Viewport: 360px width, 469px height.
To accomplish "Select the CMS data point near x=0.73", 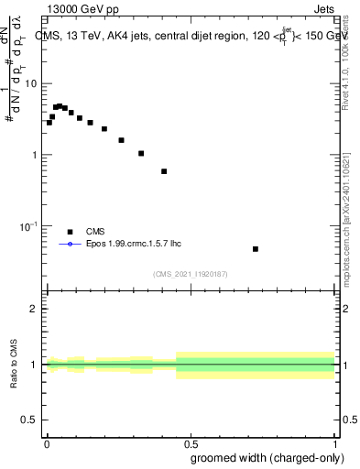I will (256, 249).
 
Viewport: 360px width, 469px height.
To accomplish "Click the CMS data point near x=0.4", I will (164, 171).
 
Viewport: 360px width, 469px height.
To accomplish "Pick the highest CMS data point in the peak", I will (60, 106).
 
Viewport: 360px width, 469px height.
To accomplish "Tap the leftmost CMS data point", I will (49, 123).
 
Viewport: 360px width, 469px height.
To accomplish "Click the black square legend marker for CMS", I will (70, 232).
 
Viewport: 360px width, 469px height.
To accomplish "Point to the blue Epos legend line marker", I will (70, 245).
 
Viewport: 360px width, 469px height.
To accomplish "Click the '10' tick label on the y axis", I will (32, 84).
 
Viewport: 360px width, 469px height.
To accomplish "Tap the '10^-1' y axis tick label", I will (29, 225).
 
